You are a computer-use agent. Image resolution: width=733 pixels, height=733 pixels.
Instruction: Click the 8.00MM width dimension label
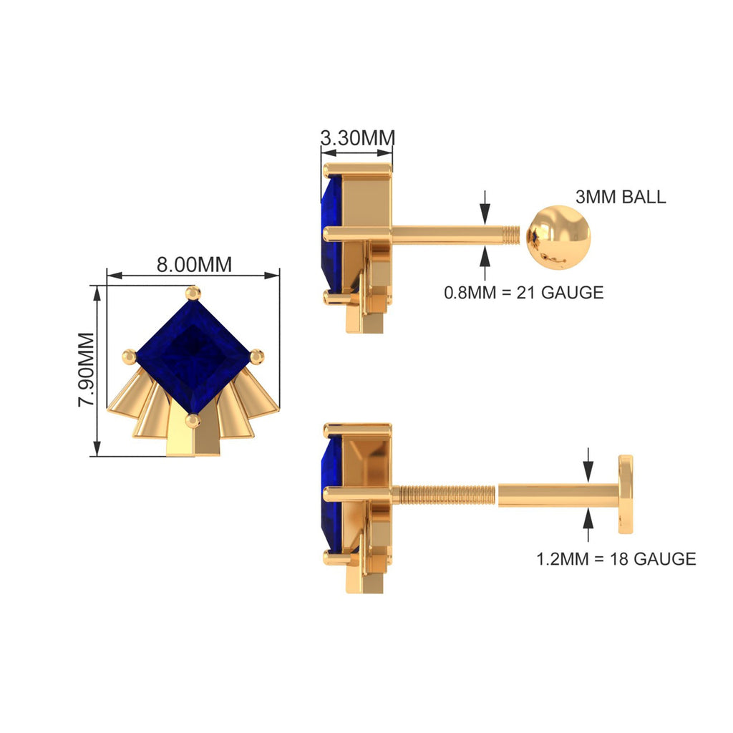point(194,264)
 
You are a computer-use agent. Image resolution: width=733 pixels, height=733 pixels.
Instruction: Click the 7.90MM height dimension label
point(86,369)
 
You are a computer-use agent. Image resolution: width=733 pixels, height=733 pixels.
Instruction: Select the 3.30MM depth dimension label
point(356,137)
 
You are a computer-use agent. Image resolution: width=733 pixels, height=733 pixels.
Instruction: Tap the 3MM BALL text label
point(620,197)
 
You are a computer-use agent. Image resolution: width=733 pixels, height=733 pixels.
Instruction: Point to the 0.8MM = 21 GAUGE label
point(523,292)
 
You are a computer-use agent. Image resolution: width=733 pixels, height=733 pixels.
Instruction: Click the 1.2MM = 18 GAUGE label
point(616,558)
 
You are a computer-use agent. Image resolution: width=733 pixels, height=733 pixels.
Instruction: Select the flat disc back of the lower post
point(626,494)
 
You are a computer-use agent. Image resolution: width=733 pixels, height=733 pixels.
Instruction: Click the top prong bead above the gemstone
point(193,293)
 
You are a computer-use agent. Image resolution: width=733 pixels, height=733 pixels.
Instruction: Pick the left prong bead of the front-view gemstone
point(129,356)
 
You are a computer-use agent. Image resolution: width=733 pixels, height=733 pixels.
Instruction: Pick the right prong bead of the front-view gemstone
point(256,355)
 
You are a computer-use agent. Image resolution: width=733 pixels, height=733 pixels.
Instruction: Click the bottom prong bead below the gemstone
point(193,420)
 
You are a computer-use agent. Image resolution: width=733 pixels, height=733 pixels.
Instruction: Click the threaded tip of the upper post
point(510,233)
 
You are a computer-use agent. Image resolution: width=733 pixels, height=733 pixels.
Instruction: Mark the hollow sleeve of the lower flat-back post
point(558,494)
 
